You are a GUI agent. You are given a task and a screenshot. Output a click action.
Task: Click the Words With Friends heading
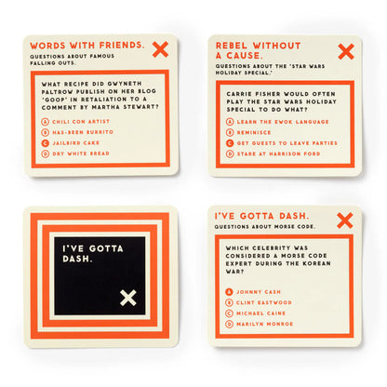click(86, 45)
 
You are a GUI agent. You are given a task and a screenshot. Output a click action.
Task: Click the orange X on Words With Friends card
click(160, 48)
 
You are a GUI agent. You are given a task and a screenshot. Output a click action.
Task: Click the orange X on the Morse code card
click(344, 220)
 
